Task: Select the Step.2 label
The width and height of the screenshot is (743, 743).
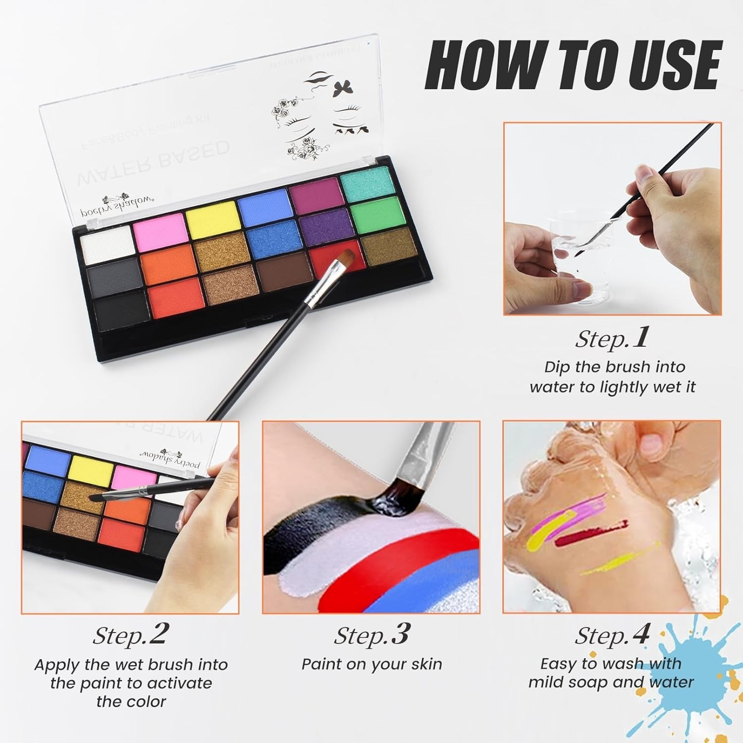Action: coord(131,635)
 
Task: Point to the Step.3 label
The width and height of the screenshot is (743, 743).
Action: coord(371,635)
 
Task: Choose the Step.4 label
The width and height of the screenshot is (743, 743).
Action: coord(612,635)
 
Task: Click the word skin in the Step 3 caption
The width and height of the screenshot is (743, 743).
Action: coord(424,664)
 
